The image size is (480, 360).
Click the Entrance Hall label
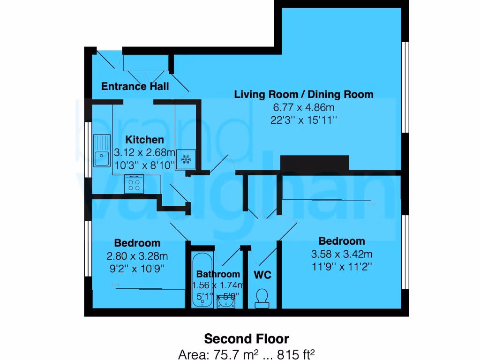[x=135, y=87]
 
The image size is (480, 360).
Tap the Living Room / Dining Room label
[x=304, y=94]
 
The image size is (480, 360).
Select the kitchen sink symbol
[x=101, y=151]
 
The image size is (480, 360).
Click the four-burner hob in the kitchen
[x=134, y=183]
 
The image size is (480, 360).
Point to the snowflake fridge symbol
[x=187, y=160]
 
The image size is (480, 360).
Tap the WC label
[x=262, y=275]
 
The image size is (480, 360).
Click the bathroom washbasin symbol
[x=226, y=302]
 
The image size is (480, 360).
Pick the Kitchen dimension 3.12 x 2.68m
[x=144, y=152]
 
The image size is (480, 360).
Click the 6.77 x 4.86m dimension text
[x=304, y=107]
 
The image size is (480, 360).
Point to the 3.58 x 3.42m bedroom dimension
[x=342, y=255]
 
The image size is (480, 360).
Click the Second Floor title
[x=247, y=338]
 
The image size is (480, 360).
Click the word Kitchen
[x=144, y=140]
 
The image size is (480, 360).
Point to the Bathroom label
[x=218, y=274]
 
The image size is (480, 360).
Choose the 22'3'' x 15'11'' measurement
[x=304, y=120]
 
